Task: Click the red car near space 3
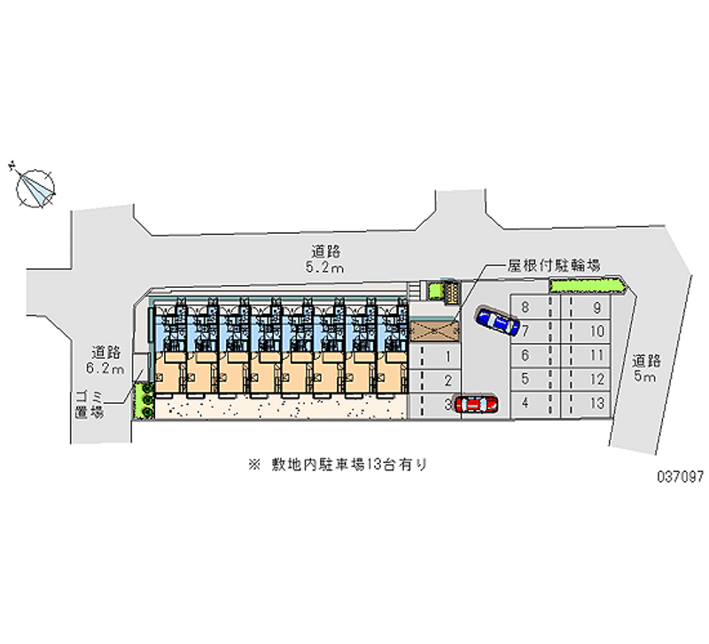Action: click(x=477, y=404)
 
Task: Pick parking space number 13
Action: click(x=597, y=402)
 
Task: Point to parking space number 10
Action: click(x=597, y=332)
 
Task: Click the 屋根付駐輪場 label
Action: click(x=555, y=265)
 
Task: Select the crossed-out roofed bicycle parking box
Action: click(x=434, y=330)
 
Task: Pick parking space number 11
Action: click(x=597, y=355)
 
